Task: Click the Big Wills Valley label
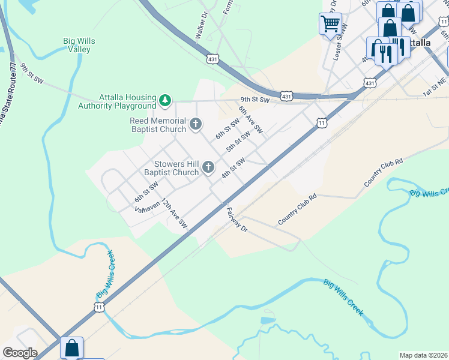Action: [79, 45]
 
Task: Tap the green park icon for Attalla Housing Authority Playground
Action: [165, 99]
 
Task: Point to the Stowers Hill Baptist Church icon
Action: [208, 167]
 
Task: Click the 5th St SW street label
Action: [238, 142]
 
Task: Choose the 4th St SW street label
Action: [233, 167]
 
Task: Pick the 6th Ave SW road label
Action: [250, 119]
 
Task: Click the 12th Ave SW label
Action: [174, 215]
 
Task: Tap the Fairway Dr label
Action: [237, 220]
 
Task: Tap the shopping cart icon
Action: [330, 24]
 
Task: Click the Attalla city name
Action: [414, 43]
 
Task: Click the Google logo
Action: [19, 353]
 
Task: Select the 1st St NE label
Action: [435, 90]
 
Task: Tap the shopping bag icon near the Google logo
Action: [71, 347]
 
